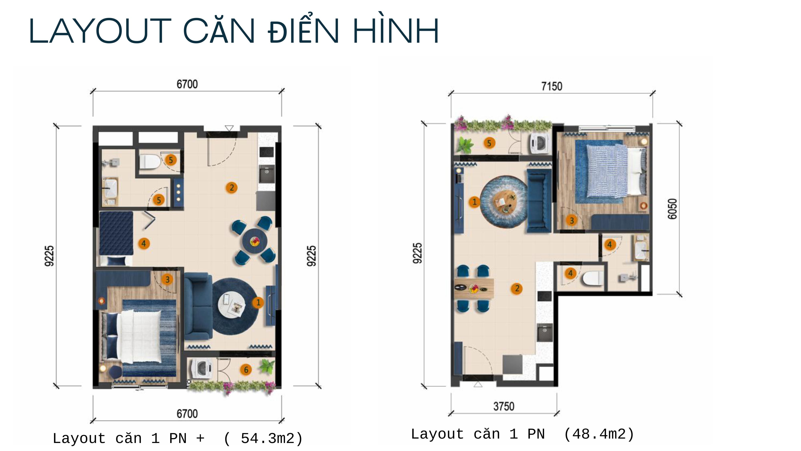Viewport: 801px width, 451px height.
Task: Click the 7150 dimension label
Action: tap(552, 86)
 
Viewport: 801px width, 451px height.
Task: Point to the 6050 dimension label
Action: tap(672, 209)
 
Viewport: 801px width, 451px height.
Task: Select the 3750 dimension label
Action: tap(504, 406)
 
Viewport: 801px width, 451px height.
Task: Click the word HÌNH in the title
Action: tap(396, 31)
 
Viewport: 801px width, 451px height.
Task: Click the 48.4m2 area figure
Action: tap(599, 434)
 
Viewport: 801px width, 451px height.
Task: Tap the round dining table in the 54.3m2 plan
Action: tap(255, 241)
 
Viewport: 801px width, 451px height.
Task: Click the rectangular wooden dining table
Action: tap(474, 288)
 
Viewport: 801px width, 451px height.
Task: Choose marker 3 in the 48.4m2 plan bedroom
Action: tap(572, 220)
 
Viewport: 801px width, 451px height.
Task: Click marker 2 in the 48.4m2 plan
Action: tap(517, 288)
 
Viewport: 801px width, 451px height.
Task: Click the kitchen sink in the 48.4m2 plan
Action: tap(545, 332)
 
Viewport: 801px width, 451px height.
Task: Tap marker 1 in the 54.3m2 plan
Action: tap(258, 302)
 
